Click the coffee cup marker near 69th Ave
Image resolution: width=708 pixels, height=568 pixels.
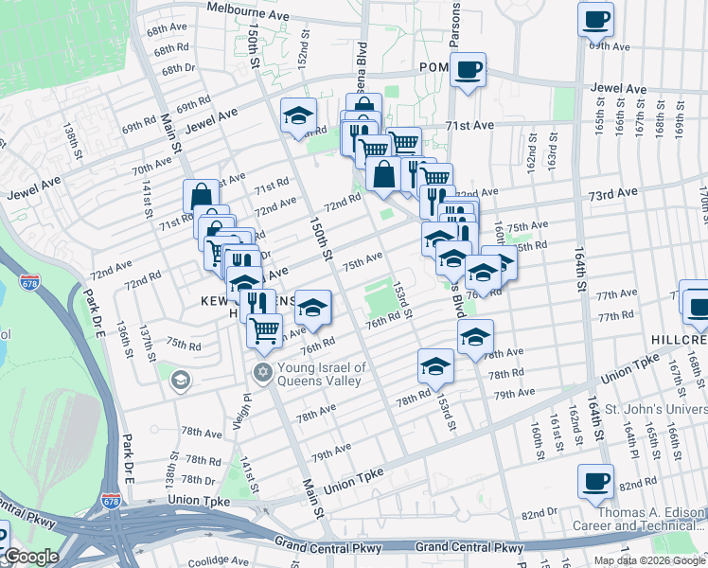pyautogui.click(x=596, y=19)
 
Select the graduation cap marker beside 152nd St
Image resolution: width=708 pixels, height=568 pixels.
pyautogui.click(x=298, y=115)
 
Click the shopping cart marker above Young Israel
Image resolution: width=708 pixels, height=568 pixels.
pyautogui.click(x=264, y=329)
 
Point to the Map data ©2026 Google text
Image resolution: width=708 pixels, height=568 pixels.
pyautogui.click(x=649, y=560)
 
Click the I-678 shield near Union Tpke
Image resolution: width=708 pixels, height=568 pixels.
pyautogui.click(x=111, y=496)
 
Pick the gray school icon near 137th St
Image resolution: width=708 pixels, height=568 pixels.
pyautogui.click(x=179, y=380)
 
